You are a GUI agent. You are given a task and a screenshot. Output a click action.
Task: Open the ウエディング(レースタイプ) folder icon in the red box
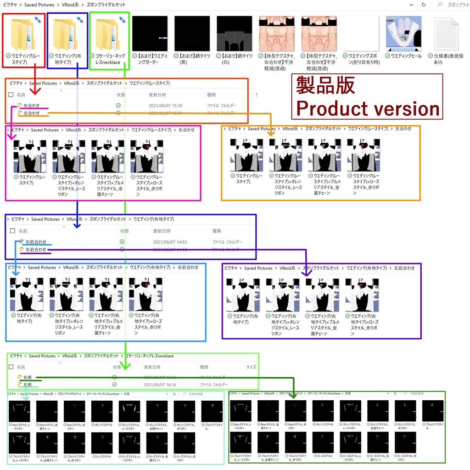pos(23,35)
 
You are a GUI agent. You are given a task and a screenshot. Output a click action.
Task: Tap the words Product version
pos(368,109)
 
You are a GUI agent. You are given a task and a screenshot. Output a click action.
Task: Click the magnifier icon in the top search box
pos(440,5)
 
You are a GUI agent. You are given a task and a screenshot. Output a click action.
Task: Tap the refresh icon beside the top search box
pos(423,5)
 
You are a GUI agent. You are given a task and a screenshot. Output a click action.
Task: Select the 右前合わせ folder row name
pos(36,242)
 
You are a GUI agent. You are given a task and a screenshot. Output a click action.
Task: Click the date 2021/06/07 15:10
pos(165,106)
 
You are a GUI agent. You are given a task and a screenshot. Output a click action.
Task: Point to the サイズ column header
pos(251,367)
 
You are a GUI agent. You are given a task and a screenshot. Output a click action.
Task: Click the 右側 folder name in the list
pos(27,377)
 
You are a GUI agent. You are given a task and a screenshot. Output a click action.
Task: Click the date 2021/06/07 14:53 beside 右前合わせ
pos(170,242)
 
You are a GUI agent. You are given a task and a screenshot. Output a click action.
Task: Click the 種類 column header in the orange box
pos(211,95)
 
